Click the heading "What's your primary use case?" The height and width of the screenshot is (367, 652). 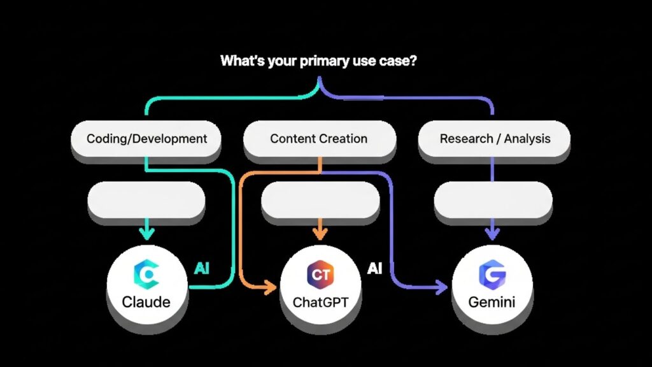[319, 61]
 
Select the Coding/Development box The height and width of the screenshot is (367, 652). [147, 138]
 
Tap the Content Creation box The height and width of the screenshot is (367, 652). [319, 138]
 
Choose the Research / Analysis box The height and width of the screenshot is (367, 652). [494, 138]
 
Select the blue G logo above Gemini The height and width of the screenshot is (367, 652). [492, 275]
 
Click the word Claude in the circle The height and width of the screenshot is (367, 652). [147, 301]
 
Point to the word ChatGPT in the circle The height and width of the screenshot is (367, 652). [320, 302]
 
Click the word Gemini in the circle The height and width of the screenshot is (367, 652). [492, 301]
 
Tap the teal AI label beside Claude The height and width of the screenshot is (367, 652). [202, 268]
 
